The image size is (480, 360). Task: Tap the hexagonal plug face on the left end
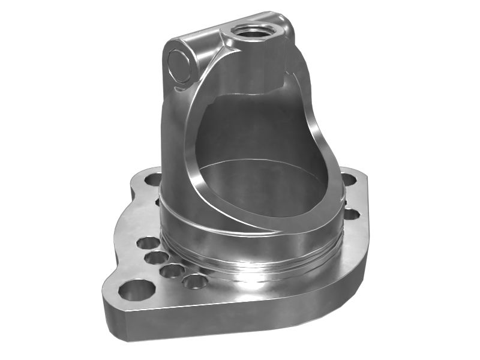point(178,64)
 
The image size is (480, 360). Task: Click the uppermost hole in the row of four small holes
point(148,244)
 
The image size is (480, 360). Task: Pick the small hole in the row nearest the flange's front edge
point(196,281)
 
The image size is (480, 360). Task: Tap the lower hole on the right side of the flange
point(352,213)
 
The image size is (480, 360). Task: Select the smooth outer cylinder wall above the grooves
point(180,204)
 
